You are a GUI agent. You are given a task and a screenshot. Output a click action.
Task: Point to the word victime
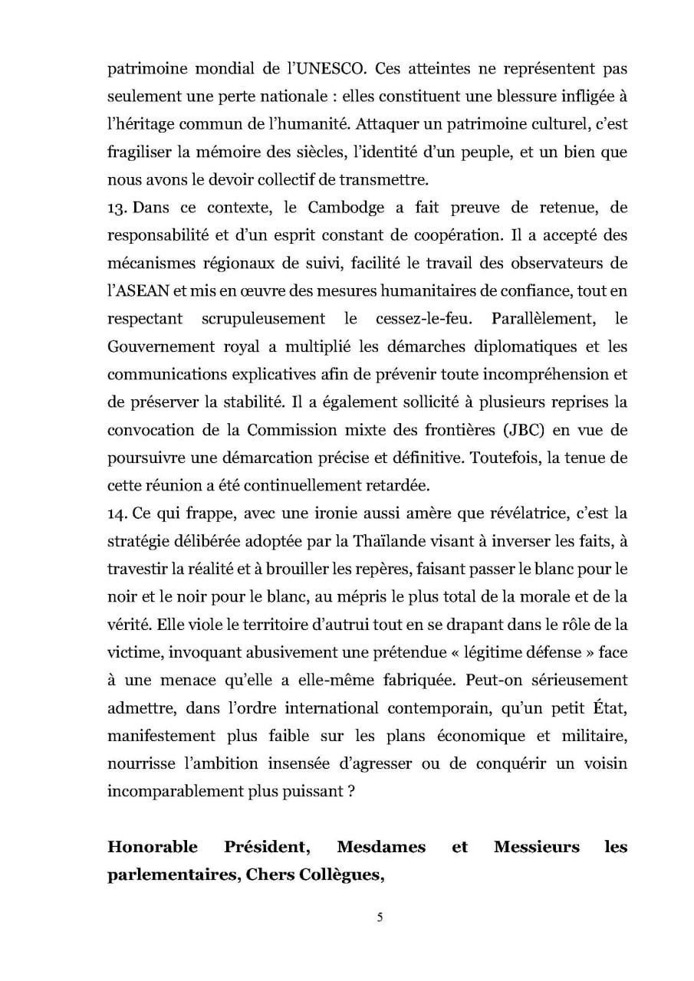pyautogui.click(x=131, y=651)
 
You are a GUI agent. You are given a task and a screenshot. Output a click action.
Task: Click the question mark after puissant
pyautogui.click(x=350, y=790)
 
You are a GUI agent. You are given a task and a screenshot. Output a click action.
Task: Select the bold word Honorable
pyautogui.click(x=153, y=847)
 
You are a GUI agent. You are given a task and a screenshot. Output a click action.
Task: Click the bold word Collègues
pyautogui.click(x=336, y=875)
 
